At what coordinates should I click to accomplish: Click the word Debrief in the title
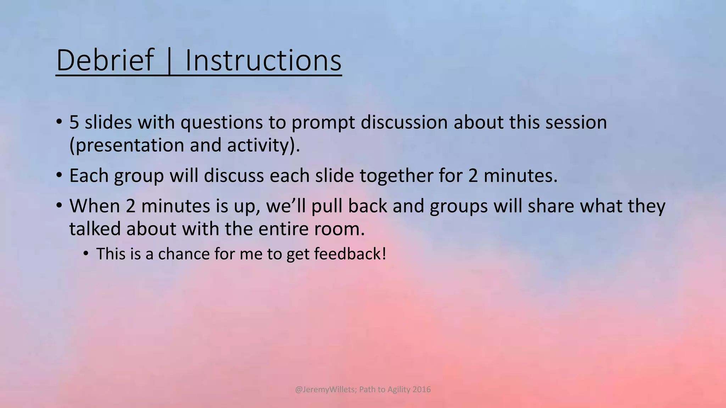point(105,60)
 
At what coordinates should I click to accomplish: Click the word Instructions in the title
point(263,60)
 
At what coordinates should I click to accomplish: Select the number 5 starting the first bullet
point(74,122)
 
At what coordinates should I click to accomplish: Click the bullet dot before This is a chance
point(85,254)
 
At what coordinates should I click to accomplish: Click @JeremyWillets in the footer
point(325,390)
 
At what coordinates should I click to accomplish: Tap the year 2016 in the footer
point(422,390)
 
